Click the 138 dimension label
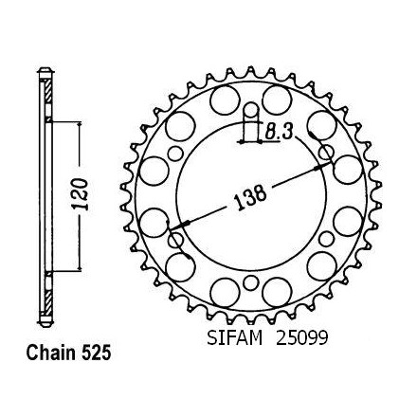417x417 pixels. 250,197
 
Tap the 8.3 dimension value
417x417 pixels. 278,132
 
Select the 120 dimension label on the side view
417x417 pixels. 80,194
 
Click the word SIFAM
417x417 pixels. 235,337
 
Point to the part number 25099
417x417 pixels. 302,337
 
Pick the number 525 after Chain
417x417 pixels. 97,353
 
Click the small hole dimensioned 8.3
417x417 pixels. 251,110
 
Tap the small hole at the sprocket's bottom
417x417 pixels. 250,282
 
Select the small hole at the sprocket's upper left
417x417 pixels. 175,154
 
